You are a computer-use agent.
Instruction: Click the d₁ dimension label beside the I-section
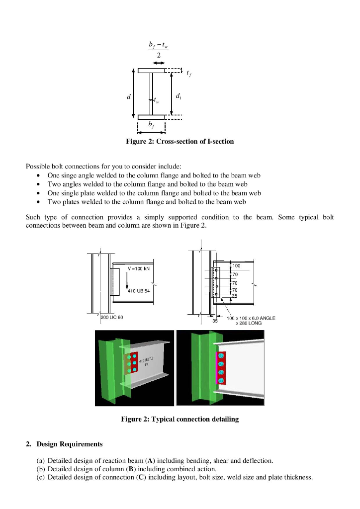[178, 95]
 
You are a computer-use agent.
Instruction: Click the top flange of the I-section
[151, 71]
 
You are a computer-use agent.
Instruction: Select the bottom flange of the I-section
[151, 117]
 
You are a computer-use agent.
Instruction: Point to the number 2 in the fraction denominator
[159, 55]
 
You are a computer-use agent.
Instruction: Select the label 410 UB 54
[139, 291]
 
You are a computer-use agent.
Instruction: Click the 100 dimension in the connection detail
[237, 266]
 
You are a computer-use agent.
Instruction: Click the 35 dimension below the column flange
[215, 322]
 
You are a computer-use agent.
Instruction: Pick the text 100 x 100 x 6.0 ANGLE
[251, 318]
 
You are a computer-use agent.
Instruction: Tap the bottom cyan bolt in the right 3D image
[221, 381]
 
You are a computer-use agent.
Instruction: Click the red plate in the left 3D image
[132, 364]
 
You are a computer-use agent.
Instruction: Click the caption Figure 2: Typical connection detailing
[180, 420]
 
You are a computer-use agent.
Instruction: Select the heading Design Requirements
[70, 444]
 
